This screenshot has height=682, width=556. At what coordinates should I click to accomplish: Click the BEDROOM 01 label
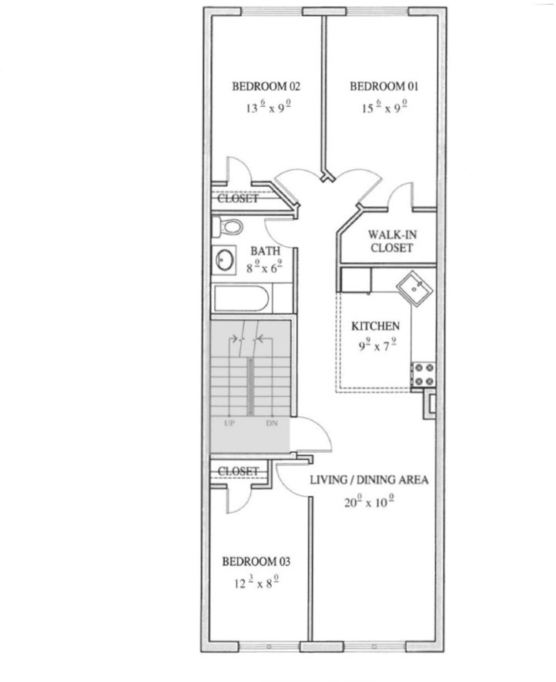click(x=384, y=86)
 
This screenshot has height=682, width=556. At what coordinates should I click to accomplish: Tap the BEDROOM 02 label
click(x=266, y=86)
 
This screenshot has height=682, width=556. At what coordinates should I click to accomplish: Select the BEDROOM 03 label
click(x=256, y=561)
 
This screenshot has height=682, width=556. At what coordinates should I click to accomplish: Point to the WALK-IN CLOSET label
click(x=392, y=241)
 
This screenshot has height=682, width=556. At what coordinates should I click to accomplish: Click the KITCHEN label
click(x=375, y=326)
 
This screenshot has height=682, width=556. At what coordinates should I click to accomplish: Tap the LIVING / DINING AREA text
click(x=369, y=480)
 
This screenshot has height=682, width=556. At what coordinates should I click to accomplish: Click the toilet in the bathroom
click(x=228, y=227)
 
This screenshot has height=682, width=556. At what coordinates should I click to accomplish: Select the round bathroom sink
click(x=224, y=260)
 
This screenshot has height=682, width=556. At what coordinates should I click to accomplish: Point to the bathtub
click(x=242, y=298)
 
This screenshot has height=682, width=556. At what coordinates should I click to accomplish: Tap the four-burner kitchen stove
click(x=423, y=374)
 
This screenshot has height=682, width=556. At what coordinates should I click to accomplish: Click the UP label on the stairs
click(x=229, y=423)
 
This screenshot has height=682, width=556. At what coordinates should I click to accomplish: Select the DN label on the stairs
click(x=272, y=423)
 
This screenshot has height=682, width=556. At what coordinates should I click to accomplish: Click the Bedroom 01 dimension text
click(x=384, y=107)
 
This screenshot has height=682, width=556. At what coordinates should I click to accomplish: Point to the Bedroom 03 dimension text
click(x=256, y=582)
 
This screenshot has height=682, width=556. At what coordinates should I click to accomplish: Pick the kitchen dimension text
click(x=377, y=345)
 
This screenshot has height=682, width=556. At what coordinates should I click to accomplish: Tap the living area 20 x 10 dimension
click(x=370, y=501)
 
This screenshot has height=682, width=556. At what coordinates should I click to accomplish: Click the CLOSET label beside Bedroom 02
click(x=238, y=199)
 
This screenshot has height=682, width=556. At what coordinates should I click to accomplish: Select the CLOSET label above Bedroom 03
click(x=239, y=471)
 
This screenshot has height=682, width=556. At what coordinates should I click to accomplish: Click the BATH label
click(x=266, y=251)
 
